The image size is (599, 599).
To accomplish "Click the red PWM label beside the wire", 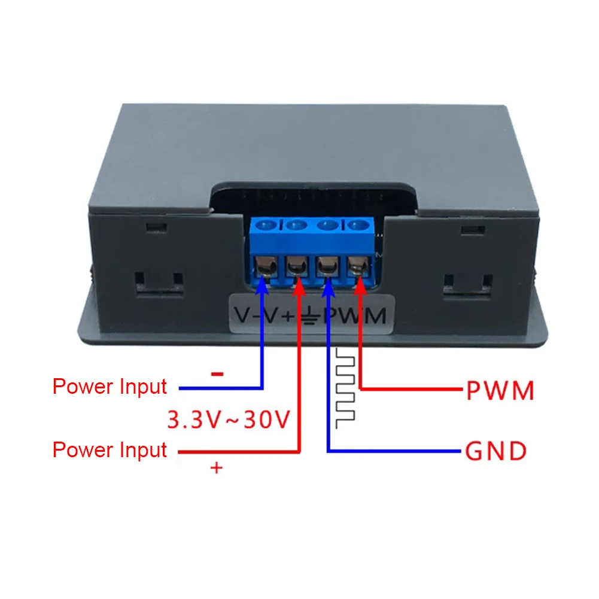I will [500, 391].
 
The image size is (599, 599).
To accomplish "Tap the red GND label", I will [495, 451].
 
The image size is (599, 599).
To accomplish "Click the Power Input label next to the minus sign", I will [110, 387].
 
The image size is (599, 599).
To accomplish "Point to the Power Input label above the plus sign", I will [110, 449].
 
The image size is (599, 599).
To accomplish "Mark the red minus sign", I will [217, 374].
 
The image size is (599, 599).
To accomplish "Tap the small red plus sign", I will [216, 468].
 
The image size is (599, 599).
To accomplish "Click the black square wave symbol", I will [345, 388].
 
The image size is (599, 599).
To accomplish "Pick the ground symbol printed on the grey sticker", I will [311, 315].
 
